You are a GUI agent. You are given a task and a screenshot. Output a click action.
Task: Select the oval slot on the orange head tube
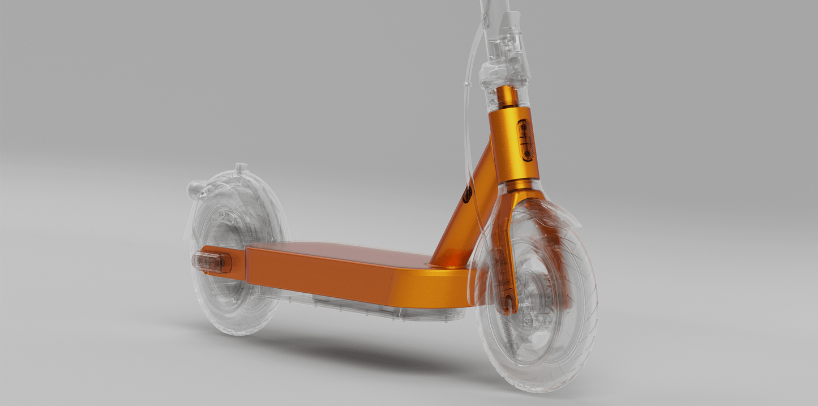[x=526, y=140]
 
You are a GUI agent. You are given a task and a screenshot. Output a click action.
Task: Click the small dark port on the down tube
[x=468, y=195]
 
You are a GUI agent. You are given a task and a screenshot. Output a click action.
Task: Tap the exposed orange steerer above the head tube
[x=506, y=96]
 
